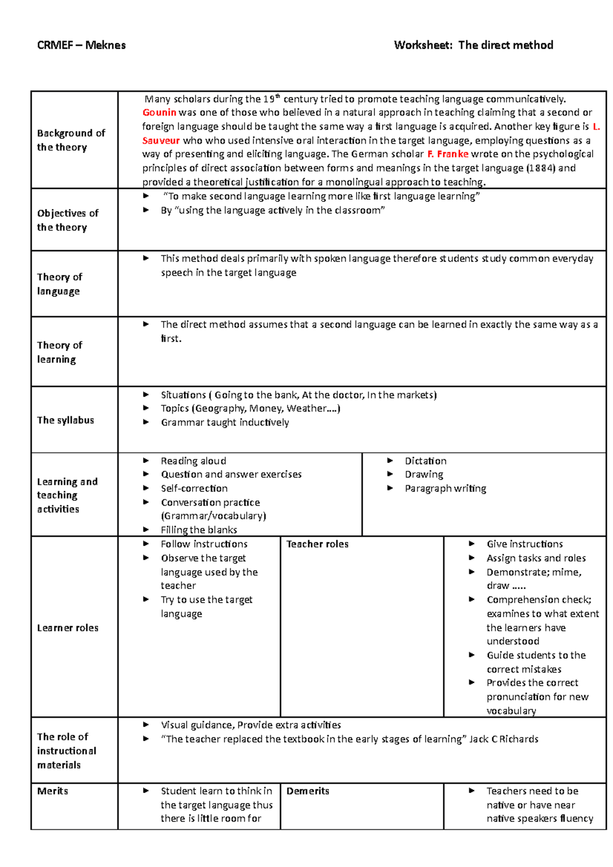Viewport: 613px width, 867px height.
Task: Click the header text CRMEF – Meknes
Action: [x=81, y=45]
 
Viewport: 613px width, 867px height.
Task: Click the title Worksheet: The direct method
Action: [x=473, y=45]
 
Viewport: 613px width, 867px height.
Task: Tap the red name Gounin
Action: [x=159, y=112]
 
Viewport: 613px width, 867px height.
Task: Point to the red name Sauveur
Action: [x=161, y=140]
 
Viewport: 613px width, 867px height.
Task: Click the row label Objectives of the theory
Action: [x=67, y=220]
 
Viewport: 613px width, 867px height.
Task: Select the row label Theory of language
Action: [x=59, y=284]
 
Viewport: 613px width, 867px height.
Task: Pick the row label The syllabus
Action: [x=65, y=420]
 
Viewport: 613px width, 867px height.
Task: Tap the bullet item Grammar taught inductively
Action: [x=225, y=422]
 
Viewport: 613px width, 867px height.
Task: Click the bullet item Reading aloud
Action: [x=193, y=461]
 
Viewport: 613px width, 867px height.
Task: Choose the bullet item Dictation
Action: [x=426, y=461]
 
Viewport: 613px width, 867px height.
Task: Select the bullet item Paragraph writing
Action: [x=445, y=488]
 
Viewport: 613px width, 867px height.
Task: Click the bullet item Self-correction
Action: [x=194, y=488]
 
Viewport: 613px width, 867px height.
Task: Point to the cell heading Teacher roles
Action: [x=317, y=544]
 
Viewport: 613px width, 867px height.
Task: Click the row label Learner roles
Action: [x=67, y=628]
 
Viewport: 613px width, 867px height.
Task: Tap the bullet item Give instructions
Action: [x=525, y=544]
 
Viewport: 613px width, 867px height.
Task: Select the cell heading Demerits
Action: [x=308, y=791]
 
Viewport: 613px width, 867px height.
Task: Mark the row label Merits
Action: [x=53, y=791]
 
